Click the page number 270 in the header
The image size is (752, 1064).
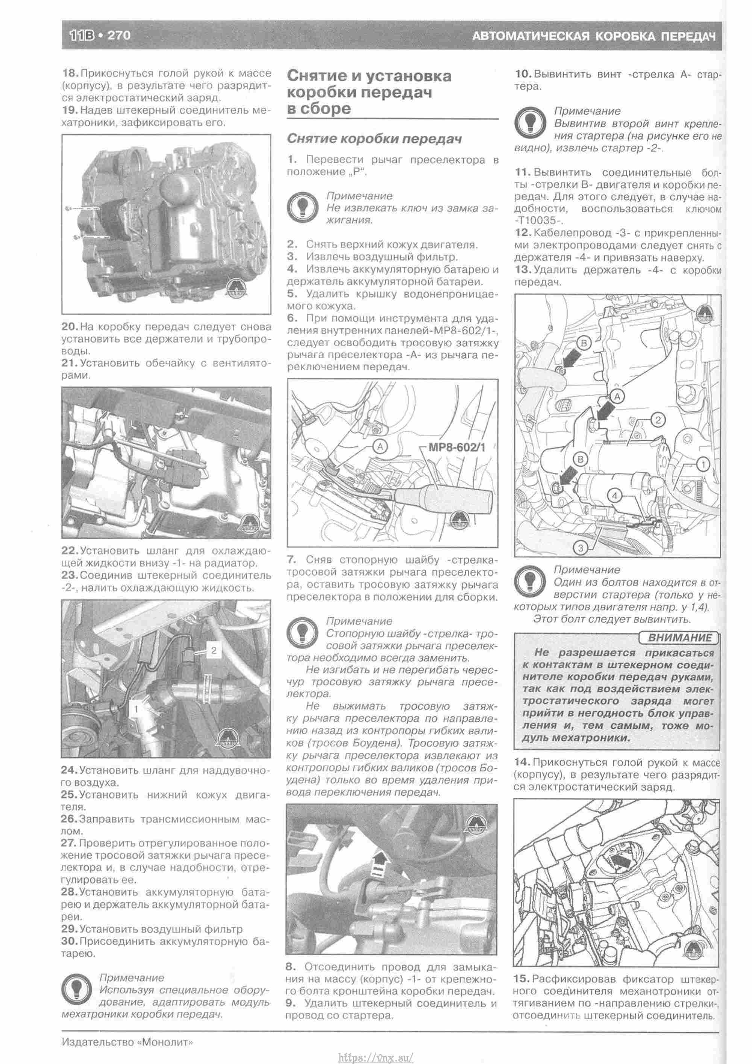[119, 35]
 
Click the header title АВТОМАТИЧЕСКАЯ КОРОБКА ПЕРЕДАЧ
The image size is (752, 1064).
[594, 36]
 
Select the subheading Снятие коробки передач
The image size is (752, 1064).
[374, 139]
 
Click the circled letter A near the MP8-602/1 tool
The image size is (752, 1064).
[380, 446]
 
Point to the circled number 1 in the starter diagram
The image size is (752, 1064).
[702, 464]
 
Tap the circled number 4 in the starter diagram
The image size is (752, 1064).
[614, 496]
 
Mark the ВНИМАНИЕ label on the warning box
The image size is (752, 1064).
[679, 638]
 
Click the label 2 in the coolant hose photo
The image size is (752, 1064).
[214, 651]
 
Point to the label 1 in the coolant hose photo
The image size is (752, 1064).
[136, 709]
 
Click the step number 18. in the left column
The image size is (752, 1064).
[70, 74]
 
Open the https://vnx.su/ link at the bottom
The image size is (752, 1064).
[376, 1055]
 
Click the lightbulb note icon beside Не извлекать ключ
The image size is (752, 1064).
[302, 208]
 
